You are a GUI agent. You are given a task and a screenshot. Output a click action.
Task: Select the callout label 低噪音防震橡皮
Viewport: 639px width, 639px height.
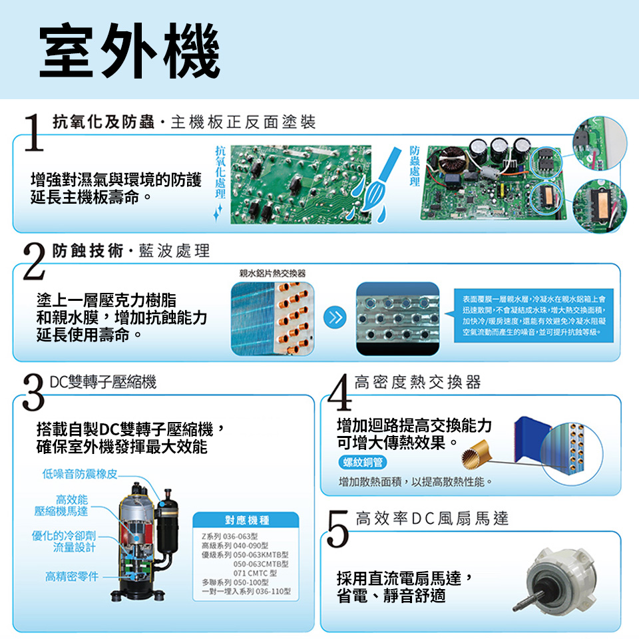tap(79, 475)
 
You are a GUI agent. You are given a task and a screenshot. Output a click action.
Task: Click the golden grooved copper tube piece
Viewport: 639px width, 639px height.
tap(478, 451)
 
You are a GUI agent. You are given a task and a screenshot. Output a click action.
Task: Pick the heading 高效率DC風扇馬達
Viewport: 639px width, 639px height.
tap(432, 519)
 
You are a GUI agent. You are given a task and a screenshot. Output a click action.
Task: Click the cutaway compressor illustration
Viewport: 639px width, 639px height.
tap(143, 542)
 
